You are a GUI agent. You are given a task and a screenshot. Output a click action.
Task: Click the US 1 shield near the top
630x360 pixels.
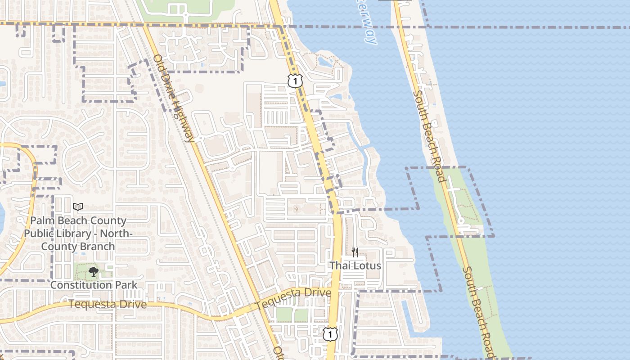pyautogui.click(x=295, y=81)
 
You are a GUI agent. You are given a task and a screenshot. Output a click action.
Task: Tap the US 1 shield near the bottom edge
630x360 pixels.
pyautogui.click(x=330, y=334)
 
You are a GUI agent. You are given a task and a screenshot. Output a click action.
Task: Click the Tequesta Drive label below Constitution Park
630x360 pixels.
pyautogui.click(x=108, y=304)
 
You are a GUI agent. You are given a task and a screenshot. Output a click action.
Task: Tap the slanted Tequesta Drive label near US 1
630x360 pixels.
pyautogui.click(x=293, y=298)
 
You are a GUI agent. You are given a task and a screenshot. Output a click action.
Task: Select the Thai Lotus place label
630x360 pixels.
pyautogui.click(x=355, y=265)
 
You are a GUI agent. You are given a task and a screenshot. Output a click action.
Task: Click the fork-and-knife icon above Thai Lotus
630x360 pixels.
pyautogui.click(x=355, y=252)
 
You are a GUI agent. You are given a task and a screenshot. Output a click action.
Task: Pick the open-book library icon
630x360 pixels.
pyautogui.click(x=78, y=207)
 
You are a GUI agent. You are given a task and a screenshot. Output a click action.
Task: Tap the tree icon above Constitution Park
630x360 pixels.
pyautogui.click(x=94, y=271)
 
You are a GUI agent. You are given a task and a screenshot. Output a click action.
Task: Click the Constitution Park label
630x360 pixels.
pyautogui.click(x=94, y=285)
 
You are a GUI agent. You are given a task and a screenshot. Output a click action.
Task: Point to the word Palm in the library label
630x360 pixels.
pyautogui.click(x=41, y=221)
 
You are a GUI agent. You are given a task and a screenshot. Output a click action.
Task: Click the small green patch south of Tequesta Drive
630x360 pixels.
pyautogui.click(x=292, y=315)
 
